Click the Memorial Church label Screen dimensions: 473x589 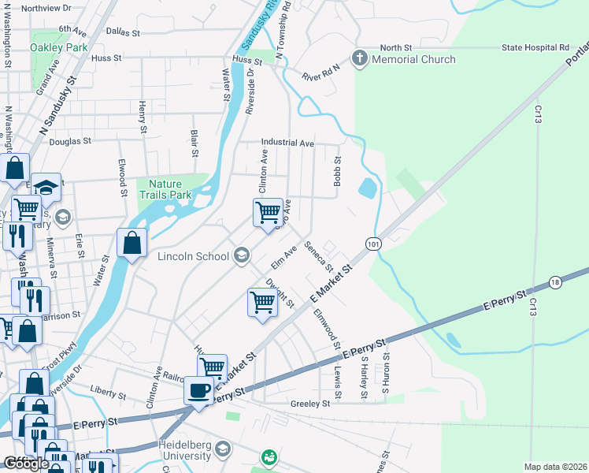[413, 59]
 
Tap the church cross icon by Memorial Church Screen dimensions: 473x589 [360, 58]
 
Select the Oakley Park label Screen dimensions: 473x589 [58, 47]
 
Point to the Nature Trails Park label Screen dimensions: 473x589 [164, 188]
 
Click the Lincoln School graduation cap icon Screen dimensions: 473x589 [242, 255]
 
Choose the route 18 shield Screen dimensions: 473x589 [556, 282]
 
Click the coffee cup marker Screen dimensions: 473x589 [198, 390]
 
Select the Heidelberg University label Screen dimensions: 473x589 [185, 450]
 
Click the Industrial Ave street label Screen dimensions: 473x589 [287, 143]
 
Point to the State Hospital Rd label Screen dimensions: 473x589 [535, 48]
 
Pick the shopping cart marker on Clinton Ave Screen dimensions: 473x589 [268, 212]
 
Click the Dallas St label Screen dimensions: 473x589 [122, 34]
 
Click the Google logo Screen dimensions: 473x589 [26, 464]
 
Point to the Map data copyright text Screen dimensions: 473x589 [556, 467]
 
